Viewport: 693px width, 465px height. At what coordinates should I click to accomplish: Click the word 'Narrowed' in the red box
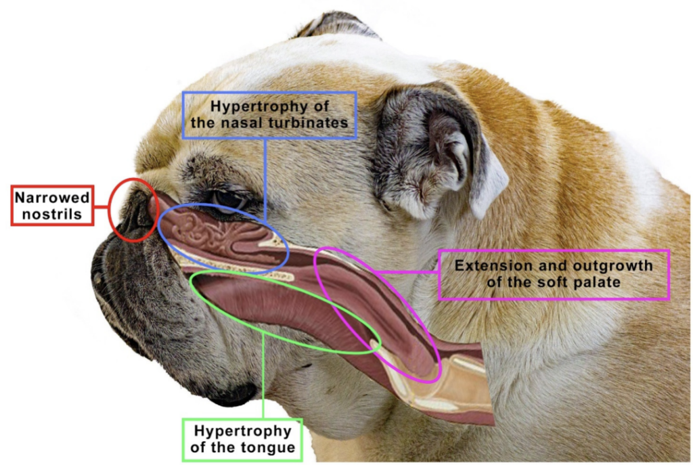click(x=52, y=198)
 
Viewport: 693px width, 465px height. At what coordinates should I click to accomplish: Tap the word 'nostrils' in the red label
click(x=52, y=215)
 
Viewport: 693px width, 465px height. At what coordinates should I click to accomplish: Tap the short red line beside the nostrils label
click(x=101, y=206)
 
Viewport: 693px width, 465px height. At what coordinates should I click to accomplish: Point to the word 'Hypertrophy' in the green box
click(x=243, y=431)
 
